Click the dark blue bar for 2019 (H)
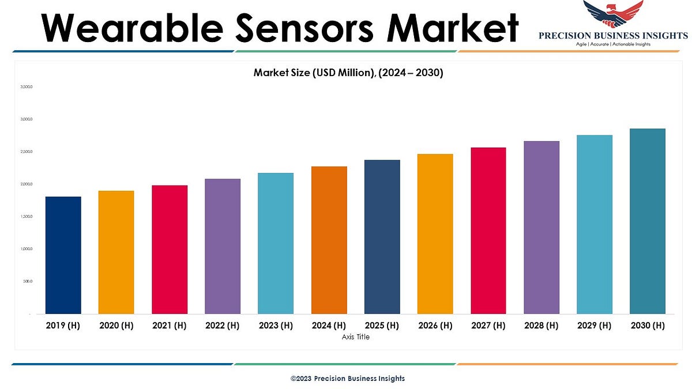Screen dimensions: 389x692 (63, 255)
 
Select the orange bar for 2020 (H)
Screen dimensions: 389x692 (116, 252)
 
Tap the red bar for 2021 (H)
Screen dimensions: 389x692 (170, 250)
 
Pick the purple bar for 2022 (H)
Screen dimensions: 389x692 (223, 247)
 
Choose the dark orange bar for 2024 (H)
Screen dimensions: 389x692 (329, 240)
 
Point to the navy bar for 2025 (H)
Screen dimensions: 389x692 (382, 237)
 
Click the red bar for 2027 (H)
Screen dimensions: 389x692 (488, 231)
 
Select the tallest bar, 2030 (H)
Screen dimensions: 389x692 (648, 221)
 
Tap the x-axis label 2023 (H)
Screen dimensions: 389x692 (276, 326)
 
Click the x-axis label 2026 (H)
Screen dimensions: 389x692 (435, 326)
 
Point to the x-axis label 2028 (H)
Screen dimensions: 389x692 (541, 326)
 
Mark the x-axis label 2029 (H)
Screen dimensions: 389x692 (595, 326)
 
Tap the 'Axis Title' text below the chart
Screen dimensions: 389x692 (355, 337)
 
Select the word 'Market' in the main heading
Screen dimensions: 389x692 (452, 27)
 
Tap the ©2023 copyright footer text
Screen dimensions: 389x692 (347, 379)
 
